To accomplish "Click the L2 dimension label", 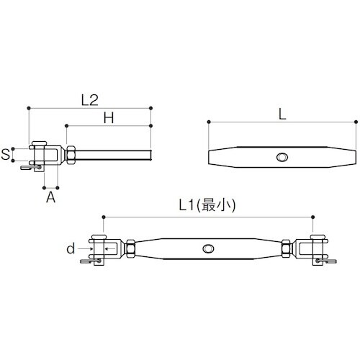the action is [90, 100].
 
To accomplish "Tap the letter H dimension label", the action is [109, 118].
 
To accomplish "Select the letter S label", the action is [5, 154].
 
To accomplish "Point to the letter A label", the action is [50, 197].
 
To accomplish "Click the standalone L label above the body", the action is [282, 114].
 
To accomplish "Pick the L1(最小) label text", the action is [207, 205].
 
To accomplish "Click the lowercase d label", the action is [71, 248].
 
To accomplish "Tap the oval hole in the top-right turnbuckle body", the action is [282, 157].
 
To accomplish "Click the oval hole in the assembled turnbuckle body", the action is [208, 248].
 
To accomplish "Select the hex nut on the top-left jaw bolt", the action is [71, 155].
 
